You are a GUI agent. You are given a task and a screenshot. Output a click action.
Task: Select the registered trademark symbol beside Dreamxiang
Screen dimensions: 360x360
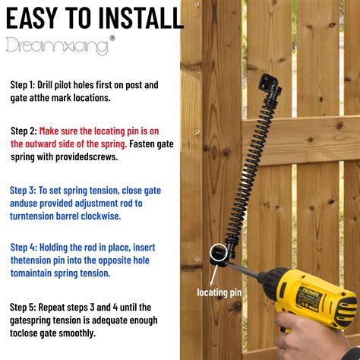[x=113, y=38]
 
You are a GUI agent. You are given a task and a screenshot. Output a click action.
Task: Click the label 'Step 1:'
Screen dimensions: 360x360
[x=28, y=85]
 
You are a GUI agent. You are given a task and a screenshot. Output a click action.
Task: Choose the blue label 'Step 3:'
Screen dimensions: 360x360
[x=28, y=190]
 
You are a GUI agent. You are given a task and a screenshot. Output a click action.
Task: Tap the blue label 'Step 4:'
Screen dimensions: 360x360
[x=28, y=247]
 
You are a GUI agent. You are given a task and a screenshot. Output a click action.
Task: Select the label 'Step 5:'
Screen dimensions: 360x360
[x=28, y=307]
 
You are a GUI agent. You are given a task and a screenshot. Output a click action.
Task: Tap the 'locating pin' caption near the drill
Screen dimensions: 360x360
[x=218, y=291]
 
